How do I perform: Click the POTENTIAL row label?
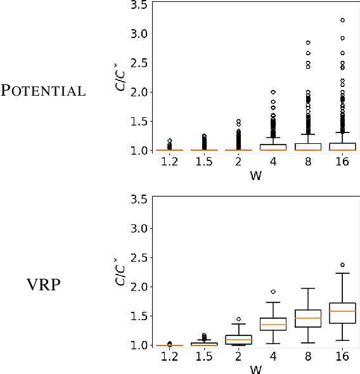click(x=43, y=91)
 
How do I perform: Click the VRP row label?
click(x=44, y=285)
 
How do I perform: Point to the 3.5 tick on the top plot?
click(x=139, y=5)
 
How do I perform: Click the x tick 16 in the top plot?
click(x=343, y=163)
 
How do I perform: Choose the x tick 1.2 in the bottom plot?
click(x=169, y=357)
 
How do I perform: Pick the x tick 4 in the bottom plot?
click(x=273, y=357)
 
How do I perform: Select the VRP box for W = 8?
click(x=308, y=318)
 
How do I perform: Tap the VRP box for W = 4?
click(x=273, y=324)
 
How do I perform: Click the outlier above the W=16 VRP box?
click(x=343, y=265)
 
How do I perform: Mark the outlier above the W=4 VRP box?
click(x=273, y=292)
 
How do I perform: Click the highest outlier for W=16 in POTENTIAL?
click(x=343, y=20)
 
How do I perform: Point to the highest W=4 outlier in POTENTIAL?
click(x=273, y=92)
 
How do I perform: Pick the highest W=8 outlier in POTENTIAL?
click(x=308, y=42)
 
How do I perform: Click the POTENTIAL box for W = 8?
click(x=308, y=146)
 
